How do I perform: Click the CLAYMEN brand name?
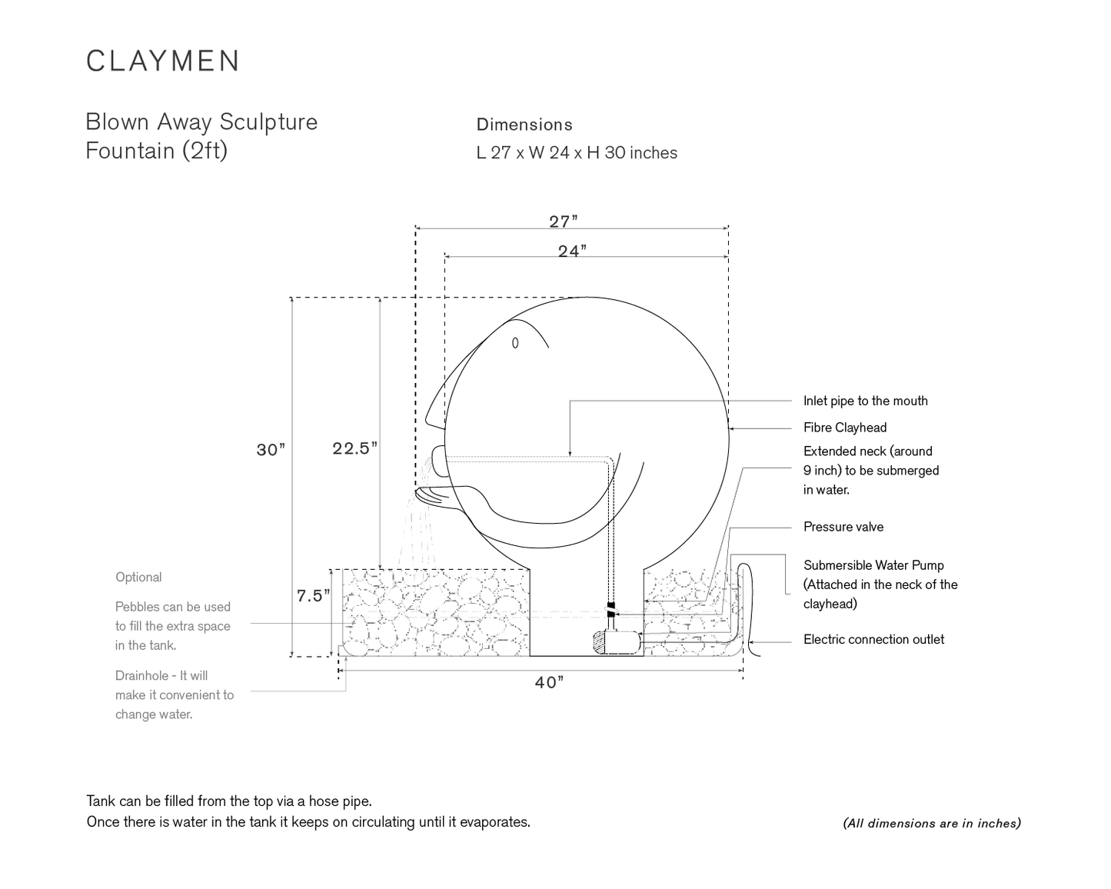tap(162, 61)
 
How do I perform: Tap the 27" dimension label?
tap(564, 221)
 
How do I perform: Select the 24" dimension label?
tap(572, 251)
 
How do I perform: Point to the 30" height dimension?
tap(271, 449)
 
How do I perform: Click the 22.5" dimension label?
tap(354, 448)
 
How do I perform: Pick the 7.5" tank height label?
tap(313, 595)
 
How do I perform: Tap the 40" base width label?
tap(549, 682)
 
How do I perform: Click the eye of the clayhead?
tap(514, 343)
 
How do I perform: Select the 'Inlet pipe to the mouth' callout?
tap(865, 401)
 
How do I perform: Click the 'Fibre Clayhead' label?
tap(845, 428)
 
